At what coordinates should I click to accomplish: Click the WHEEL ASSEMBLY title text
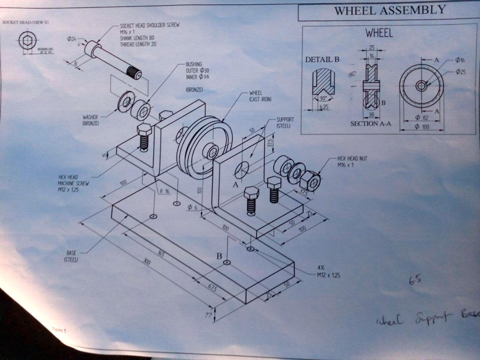coord(389,10)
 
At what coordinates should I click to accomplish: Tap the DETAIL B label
coord(322,60)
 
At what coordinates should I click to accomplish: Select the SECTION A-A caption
coord(370,124)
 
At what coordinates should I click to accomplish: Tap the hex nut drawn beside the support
coord(310,180)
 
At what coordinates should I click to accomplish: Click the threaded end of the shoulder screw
coord(135,73)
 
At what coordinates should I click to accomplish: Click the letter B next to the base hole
coord(219,256)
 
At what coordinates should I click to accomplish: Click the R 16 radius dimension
coord(165,191)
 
